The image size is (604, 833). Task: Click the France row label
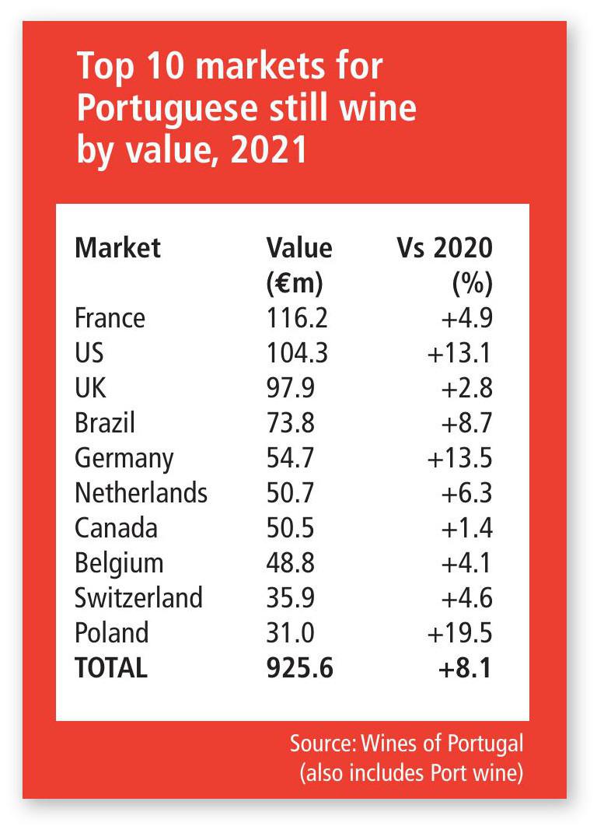(x=110, y=318)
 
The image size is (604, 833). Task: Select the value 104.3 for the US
(x=298, y=353)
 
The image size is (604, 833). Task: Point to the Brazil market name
(x=105, y=423)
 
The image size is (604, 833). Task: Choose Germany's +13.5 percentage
(x=459, y=458)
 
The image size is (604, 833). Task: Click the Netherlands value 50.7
(x=290, y=493)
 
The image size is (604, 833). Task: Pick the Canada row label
(x=116, y=528)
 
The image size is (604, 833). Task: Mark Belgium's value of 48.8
(x=290, y=563)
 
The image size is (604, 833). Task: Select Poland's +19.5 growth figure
(x=459, y=633)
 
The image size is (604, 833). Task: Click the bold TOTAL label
(x=110, y=668)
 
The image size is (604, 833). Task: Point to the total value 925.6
(x=300, y=668)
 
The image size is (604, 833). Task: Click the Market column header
(x=117, y=248)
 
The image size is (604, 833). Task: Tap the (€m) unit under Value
(x=294, y=283)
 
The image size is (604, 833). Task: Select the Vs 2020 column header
(x=444, y=248)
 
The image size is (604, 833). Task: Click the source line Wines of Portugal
(x=407, y=744)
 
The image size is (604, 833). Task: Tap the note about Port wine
(x=410, y=774)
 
